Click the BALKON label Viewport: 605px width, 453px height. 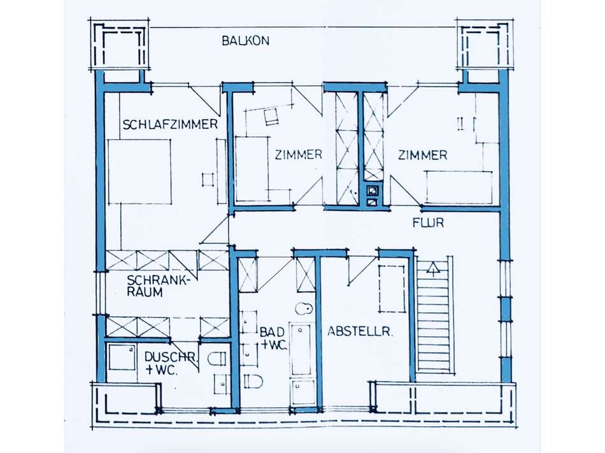coord(245,41)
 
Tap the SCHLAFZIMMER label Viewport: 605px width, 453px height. coord(170,124)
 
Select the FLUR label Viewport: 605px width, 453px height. coord(428,223)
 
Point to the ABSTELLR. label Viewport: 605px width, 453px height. coord(360,331)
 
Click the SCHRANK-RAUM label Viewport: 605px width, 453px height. coord(159,286)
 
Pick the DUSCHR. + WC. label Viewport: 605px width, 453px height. coord(170,363)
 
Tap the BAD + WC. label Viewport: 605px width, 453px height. coord(273,338)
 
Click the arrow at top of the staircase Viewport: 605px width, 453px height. coord(434,268)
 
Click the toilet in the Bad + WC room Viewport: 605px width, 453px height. coord(253,382)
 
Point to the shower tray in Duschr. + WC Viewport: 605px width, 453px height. coord(121,358)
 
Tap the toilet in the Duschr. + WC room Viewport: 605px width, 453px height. coord(217,359)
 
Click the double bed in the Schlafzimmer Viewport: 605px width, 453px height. coord(139,172)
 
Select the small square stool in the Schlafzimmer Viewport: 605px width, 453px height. coord(208,179)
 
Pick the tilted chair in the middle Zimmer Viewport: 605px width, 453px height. coord(271,116)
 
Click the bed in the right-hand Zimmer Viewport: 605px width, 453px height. coord(459,187)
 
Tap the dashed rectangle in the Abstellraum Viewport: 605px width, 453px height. coord(392,289)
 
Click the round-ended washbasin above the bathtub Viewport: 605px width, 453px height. coord(304,309)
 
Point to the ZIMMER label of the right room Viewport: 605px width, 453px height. coord(422,155)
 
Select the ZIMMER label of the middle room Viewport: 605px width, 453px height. coord(298,155)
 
